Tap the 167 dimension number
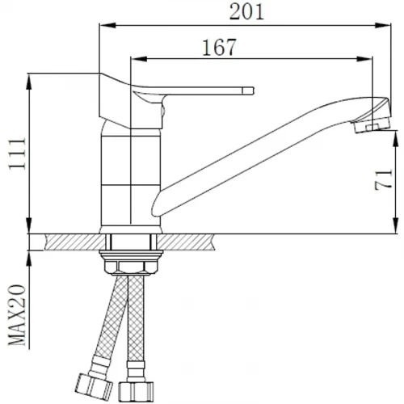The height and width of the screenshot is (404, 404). (x=219, y=48)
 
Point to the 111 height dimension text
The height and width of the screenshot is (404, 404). (x=18, y=154)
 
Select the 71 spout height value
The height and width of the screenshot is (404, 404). (x=383, y=179)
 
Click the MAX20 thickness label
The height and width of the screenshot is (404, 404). (x=17, y=315)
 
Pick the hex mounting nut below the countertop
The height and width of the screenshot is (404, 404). (x=131, y=267)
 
